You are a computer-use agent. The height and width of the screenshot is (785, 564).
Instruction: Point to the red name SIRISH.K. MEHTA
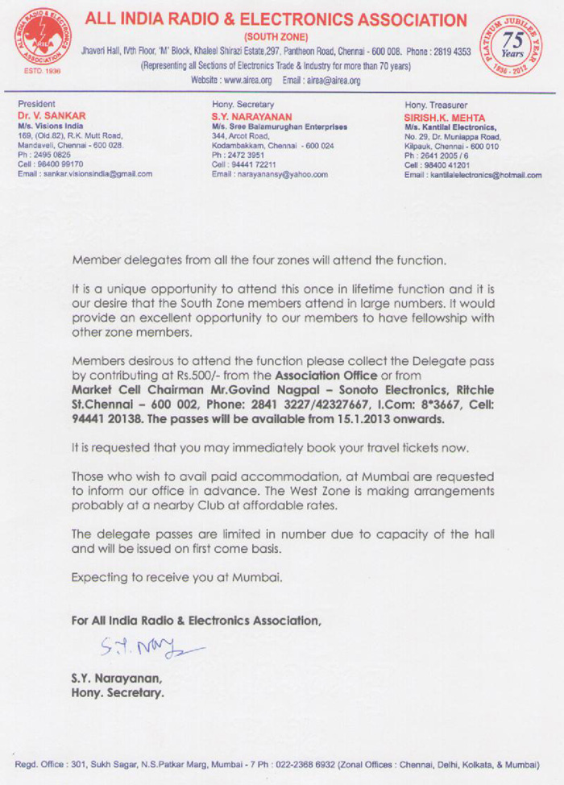(446, 116)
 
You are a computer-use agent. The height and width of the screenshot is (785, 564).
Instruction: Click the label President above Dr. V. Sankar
(36, 104)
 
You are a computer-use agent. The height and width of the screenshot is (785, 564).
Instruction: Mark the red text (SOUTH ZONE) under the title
(274, 37)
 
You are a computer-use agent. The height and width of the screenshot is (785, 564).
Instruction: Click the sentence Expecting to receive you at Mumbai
(176, 577)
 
